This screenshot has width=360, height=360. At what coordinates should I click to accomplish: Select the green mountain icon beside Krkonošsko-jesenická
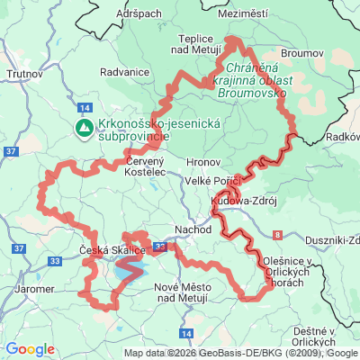(83, 128)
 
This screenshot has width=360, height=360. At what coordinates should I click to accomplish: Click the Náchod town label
(193, 229)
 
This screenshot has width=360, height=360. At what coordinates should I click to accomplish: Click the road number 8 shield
(278, 234)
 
